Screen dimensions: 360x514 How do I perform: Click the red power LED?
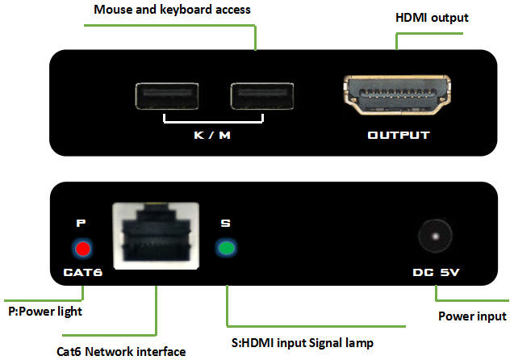[81, 248]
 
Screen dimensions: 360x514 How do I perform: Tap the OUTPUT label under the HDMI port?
[399, 135]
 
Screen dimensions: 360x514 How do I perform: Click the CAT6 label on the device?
[81, 274]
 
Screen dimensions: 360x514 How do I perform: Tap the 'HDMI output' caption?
[431, 17]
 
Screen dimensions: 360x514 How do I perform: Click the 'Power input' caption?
[471, 316]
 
